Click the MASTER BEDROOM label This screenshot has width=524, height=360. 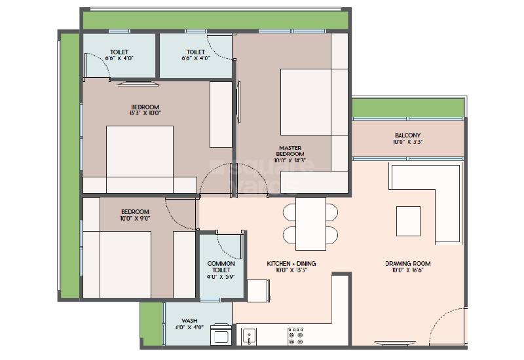(290, 151)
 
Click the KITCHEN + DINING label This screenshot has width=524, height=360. (291, 263)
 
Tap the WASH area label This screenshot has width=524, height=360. (189, 321)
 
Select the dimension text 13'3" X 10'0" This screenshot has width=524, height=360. (145, 113)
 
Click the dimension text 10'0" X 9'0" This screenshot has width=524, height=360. (135, 219)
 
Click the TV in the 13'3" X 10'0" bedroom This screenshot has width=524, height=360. (137, 82)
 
